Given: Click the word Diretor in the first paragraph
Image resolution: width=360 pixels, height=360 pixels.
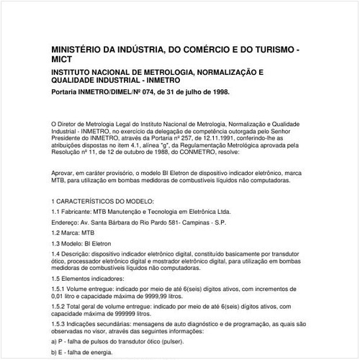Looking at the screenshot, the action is tap(71, 125).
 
